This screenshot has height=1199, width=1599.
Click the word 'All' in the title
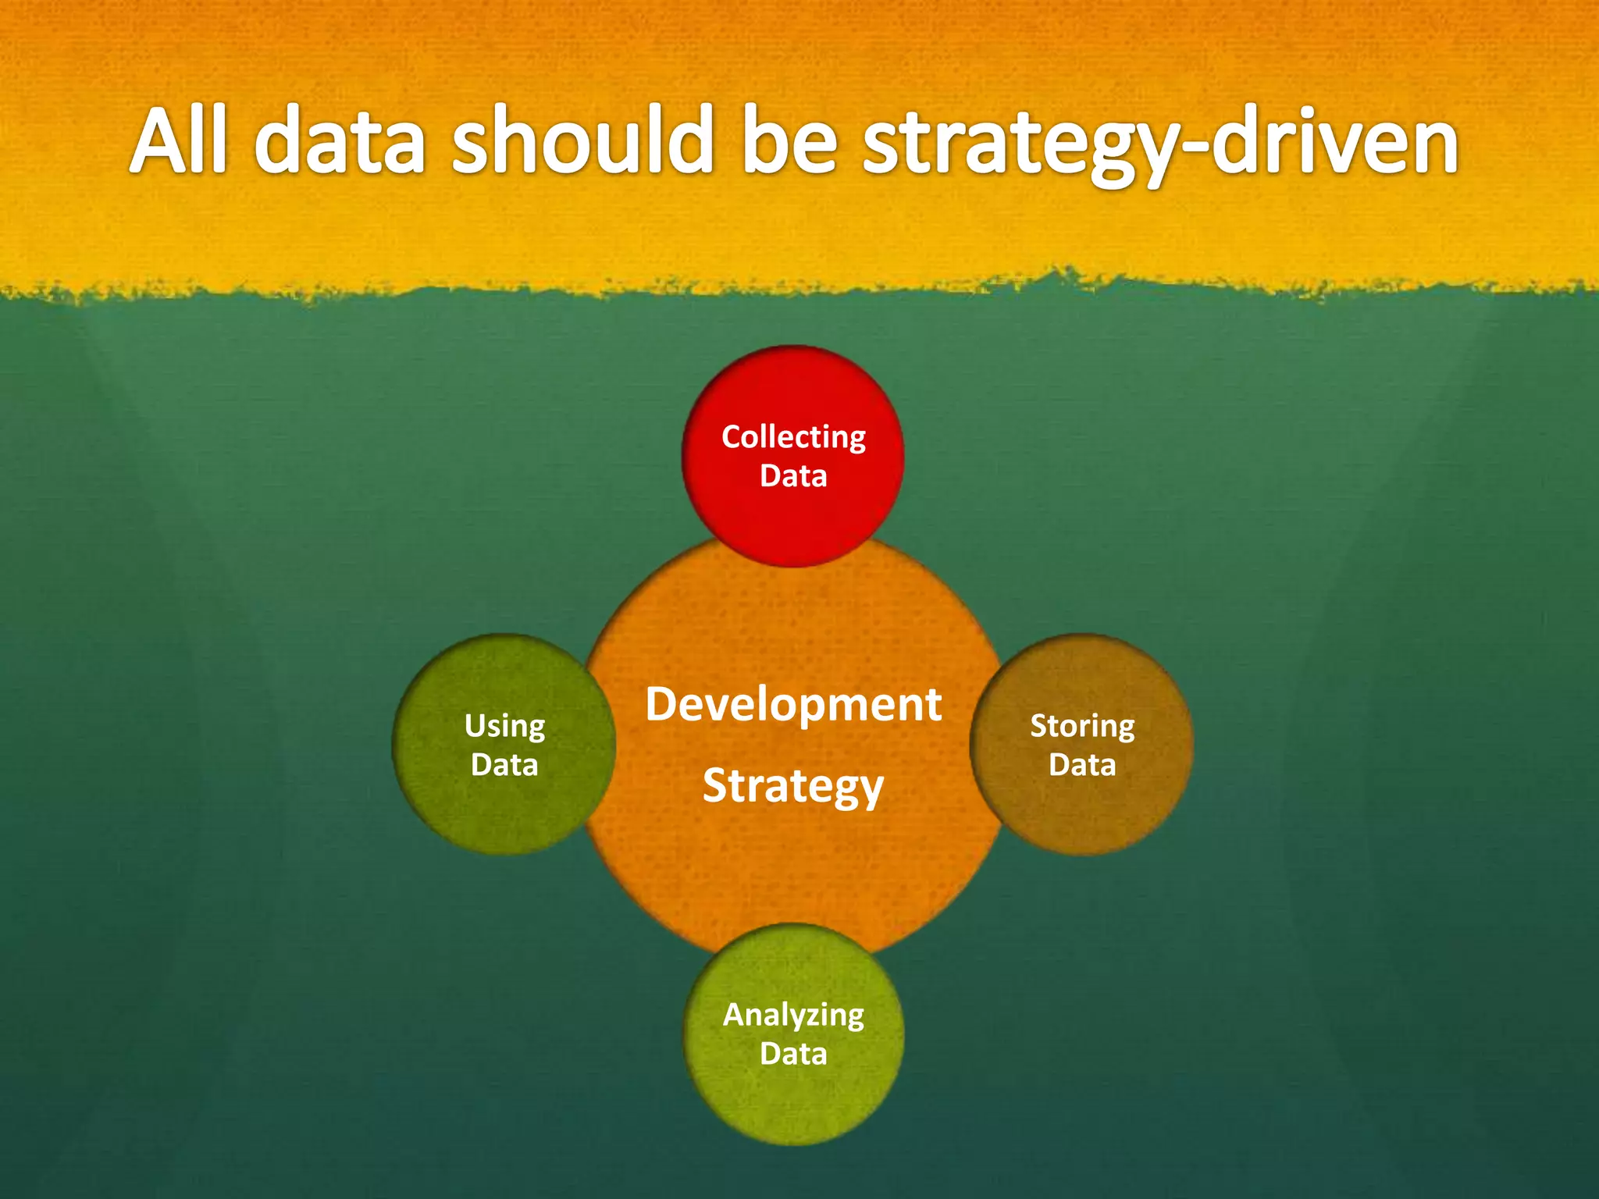click(179, 141)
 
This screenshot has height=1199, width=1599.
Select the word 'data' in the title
click(340, 141)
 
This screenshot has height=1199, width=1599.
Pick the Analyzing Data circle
click(793, 1101)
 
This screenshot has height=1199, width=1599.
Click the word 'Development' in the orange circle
click(793, 705)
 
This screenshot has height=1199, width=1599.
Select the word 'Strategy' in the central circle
click(793, 786)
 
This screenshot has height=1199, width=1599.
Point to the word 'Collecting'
click(793, 438)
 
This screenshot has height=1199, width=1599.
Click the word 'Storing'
click(1082, 727)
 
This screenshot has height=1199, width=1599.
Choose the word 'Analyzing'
click(793, 1016)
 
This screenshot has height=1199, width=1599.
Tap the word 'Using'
click(504, 727)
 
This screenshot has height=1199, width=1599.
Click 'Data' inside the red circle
click(793, 476)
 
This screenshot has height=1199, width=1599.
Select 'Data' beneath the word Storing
click(1082, 765)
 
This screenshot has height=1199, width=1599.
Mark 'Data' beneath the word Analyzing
click(793, 1054)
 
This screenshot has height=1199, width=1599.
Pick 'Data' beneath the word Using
click(504, 765)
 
